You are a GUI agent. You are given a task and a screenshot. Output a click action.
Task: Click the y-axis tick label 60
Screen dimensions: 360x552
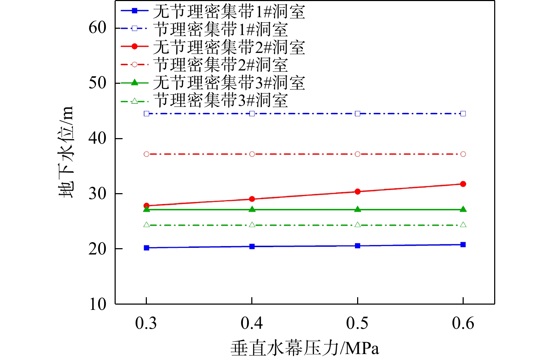coord(97,28)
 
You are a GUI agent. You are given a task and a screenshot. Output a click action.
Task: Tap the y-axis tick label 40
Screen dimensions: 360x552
coord(97,138)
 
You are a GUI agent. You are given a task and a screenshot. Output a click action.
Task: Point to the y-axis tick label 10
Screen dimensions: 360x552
coord(97,304)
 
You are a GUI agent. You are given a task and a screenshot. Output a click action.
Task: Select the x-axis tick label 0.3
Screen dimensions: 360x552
coord(146,323)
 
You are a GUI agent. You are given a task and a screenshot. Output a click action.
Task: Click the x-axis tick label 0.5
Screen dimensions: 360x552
coord(357,323)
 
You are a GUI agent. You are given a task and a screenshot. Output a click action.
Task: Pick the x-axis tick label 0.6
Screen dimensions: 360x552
coord(463,323)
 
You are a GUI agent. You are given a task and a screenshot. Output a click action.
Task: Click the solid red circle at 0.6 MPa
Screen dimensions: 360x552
coord(463,184)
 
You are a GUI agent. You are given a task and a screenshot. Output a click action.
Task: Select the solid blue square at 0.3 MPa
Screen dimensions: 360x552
coord(146,248)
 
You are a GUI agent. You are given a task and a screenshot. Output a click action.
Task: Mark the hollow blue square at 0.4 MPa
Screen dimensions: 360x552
coord(252,114)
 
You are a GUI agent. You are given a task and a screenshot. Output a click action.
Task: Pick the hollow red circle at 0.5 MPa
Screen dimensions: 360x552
coord(357,154)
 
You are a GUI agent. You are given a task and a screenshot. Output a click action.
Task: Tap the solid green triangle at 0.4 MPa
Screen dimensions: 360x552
coord(252,209)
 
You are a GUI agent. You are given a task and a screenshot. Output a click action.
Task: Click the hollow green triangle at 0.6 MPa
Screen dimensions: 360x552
coord(463,225)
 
